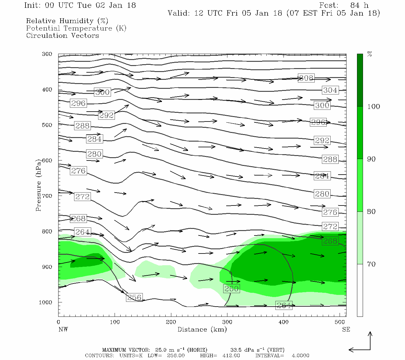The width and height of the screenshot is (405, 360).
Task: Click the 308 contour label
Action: pos(306,78)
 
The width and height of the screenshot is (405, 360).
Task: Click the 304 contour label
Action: pos(330,90)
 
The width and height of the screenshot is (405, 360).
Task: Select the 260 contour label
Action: pos(231,289)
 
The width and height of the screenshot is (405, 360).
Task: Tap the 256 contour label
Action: pos(134,298)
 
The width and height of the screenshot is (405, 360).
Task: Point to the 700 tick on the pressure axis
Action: pos(47,196)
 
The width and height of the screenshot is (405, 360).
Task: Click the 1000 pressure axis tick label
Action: pos(46,302)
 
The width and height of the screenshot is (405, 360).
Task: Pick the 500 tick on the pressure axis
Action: pos(47,125)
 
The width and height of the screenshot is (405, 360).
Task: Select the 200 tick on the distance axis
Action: pos(171,322)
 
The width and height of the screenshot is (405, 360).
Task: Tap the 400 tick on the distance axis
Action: pos(283,322)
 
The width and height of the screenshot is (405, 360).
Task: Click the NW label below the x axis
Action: pos(63,329)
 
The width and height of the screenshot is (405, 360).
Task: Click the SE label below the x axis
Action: pos(346,329)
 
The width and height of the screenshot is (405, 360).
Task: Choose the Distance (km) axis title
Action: pos(202,329)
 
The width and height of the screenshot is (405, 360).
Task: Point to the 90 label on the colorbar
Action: pos(371,159)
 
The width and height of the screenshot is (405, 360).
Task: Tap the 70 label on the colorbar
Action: pos(371,264)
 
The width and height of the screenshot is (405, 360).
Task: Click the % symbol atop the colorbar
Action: pos(370,54)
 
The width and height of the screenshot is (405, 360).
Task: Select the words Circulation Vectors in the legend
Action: pos(62,35)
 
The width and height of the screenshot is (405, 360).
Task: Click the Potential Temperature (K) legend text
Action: pos(76,28)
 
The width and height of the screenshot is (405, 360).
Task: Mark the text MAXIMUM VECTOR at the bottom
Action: pos(126,350)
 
